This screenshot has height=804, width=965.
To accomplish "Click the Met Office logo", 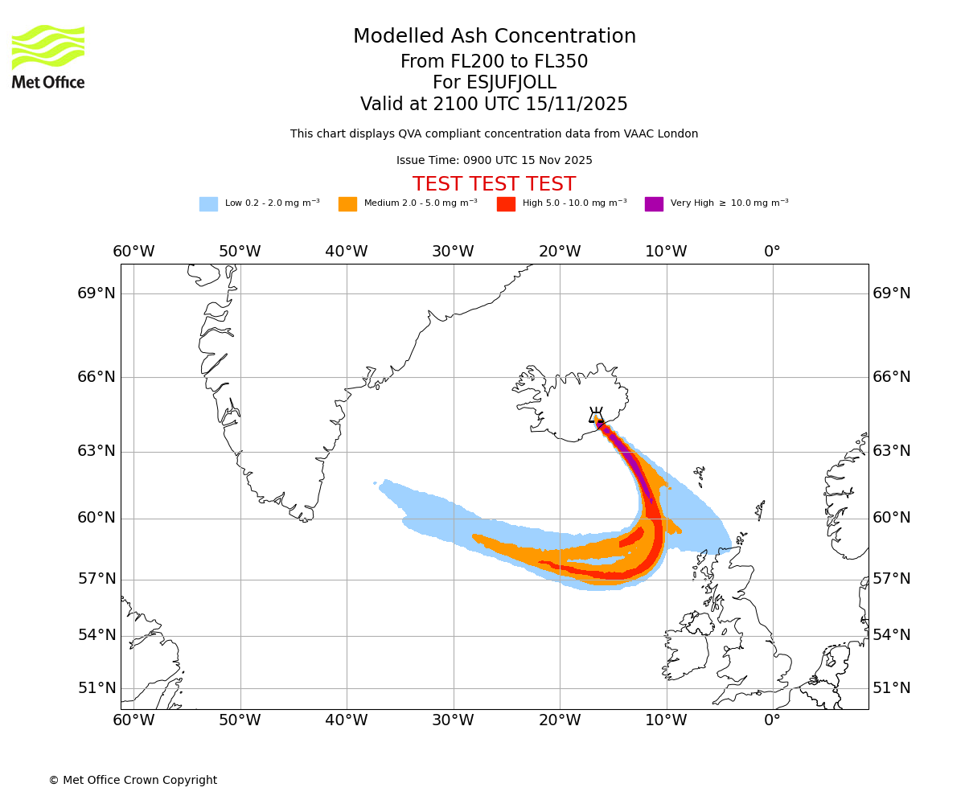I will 48,56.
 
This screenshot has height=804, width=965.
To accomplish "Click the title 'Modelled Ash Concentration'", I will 495,36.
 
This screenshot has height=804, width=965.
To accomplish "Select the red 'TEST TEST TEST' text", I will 494,184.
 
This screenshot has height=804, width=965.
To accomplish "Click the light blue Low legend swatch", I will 208,204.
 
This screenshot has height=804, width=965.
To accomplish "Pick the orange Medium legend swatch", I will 347,204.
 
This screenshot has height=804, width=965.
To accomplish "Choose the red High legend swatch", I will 506,204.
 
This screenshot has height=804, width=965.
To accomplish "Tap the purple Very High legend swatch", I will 654,204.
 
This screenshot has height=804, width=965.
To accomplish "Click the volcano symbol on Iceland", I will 596,416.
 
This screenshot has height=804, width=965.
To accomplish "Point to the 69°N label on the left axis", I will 96,293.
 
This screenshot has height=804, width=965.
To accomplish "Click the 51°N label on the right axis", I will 892,688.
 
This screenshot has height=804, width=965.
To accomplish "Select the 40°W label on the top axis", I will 347,252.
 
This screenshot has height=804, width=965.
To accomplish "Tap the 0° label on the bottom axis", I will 772,720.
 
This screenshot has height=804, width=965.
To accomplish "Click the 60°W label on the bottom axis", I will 133,720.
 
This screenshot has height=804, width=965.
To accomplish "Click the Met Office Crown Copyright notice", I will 133,780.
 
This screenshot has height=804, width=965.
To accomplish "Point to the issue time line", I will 494,160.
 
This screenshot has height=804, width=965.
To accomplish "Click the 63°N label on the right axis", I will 892,451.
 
